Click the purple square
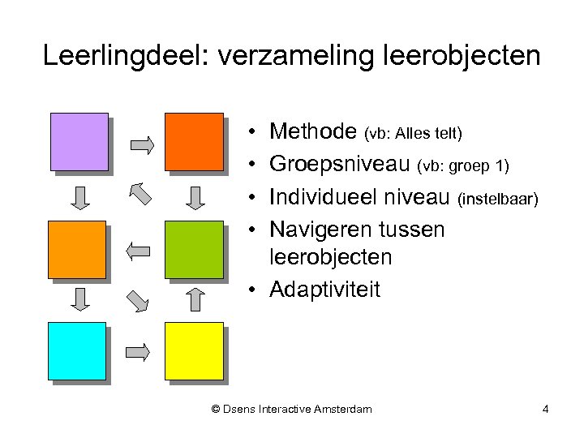point(79,142)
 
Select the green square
point(194,249)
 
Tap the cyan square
point(77,351)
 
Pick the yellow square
point(194,351)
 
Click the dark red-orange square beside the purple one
point(194,142)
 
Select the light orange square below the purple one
point(77,249)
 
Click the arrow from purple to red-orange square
point(141,145)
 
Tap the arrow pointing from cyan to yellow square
point(139,352)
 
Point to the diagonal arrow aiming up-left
point(140,194)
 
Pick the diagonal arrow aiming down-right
point(139,300)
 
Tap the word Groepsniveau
point(341,165)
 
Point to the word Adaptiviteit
point(324,290)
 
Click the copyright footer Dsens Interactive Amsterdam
point(291,409)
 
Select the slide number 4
point(545,409)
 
